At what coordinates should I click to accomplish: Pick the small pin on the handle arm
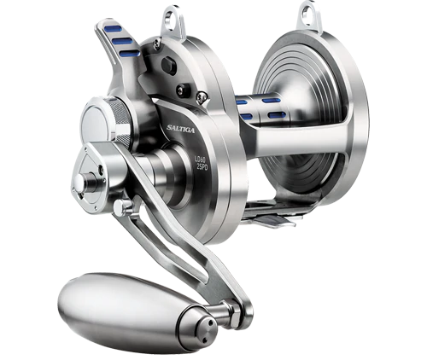tap(127, 206)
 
